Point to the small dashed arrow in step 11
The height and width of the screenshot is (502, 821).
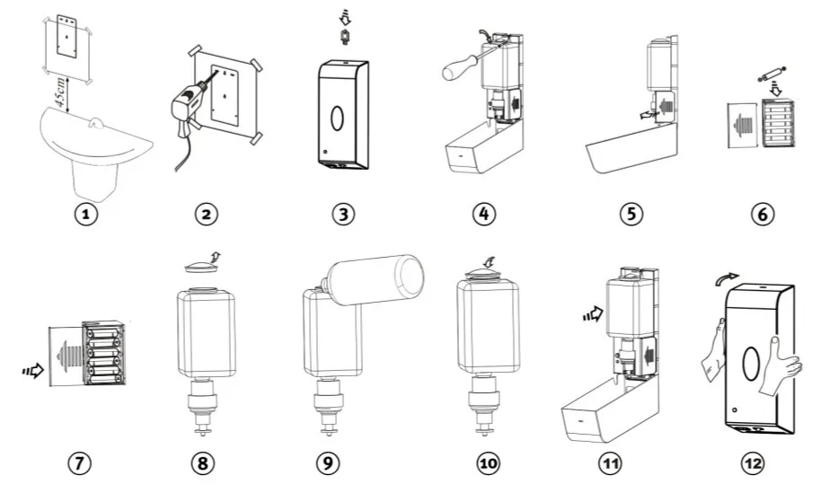tap(590, 314)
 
